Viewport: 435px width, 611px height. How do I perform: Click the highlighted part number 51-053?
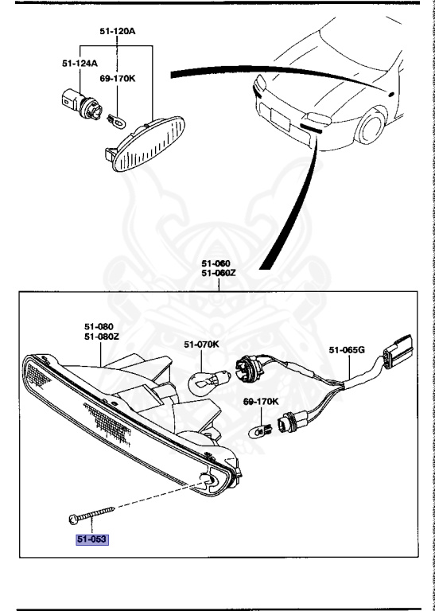pyautogui.click(x=91, y=539)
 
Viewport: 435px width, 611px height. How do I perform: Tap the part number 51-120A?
pyautogui.click(x=118, y=32)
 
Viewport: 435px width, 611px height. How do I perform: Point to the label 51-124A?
pyautogui.click(x=80, y=62)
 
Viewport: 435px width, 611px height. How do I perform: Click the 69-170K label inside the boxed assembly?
pyautogui.click(x=261, y=402)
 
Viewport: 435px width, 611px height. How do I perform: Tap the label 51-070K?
pyautogui.click(x=201, y=344)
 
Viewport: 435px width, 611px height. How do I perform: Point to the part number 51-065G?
pyautogui.click(x=347, y=349)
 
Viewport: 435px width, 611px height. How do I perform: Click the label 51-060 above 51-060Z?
pyautogui.click(x=216, y=263)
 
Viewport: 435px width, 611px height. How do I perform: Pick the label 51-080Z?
pyautogui.click(x=102, y=337)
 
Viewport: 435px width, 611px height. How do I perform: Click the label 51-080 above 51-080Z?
pyautogui.click(x=99, y=326)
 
